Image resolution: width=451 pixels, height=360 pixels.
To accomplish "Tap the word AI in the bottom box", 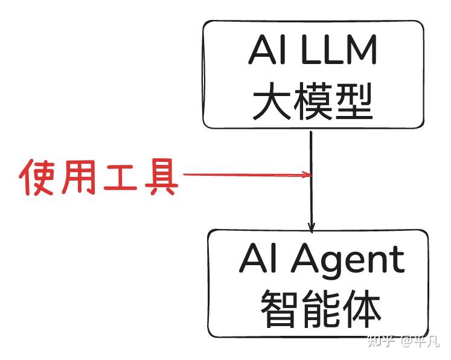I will pos(258,260).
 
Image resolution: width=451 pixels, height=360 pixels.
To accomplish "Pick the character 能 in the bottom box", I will pos(321,309).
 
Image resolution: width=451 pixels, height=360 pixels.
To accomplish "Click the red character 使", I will pos(39,177).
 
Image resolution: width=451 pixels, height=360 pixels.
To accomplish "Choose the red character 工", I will pos(120,177).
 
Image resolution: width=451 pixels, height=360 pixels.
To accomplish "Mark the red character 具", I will pos(160,177).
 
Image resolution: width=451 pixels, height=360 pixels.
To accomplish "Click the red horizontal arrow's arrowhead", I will pos(307,175).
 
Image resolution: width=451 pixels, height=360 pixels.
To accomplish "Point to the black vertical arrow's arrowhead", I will pos(311,228).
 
